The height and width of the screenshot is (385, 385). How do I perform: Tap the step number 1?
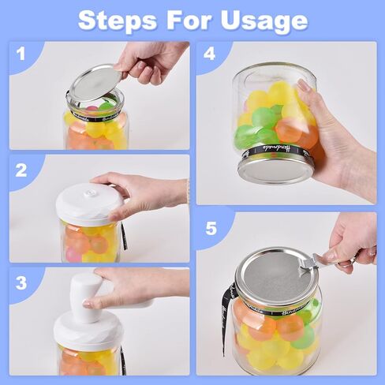tap(21, 54)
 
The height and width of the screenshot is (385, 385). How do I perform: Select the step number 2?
tap(21, 170)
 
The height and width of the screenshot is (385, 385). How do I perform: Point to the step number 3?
tap(21, 282)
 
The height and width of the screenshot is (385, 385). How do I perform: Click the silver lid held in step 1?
tap(93, 83)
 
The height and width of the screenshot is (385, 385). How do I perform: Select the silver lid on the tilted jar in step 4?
tap(275, 167)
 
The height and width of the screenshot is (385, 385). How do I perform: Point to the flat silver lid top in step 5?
tap(272, 277)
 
